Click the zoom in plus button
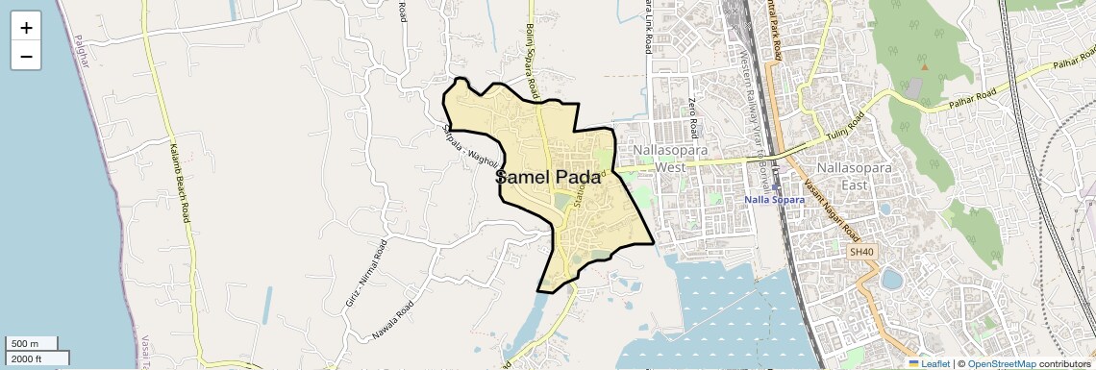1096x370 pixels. pos(26,28)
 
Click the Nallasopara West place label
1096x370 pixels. pos(670,159)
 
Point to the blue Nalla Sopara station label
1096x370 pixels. pos(775,200)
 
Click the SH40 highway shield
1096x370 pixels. pos(861,252)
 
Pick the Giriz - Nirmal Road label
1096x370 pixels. pos(365,274)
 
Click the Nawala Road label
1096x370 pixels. pos(392,322)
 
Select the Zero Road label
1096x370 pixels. pos(691,114)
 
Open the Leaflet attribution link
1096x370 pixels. pos(928,363)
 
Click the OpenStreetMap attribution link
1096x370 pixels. pos(1001,363)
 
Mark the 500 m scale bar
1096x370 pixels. pos(32,344)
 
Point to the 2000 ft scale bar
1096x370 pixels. pos(37,358)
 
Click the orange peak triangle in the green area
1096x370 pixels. pos(925,66)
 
